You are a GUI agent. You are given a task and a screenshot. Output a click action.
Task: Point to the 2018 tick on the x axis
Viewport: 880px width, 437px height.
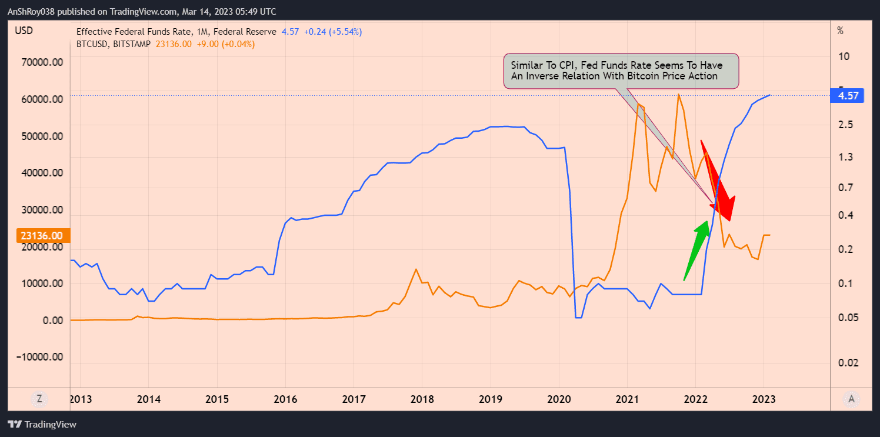point(422,399)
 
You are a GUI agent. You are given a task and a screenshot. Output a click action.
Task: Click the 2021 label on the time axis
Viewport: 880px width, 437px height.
point(627,399)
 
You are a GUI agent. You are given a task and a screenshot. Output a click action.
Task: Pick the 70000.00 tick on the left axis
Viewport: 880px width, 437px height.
point(42,62)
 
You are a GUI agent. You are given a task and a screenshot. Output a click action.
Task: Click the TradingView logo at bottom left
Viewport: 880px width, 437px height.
point(42,424)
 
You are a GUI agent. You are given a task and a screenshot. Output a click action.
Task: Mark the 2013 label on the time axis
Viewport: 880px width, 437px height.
point(81,399)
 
